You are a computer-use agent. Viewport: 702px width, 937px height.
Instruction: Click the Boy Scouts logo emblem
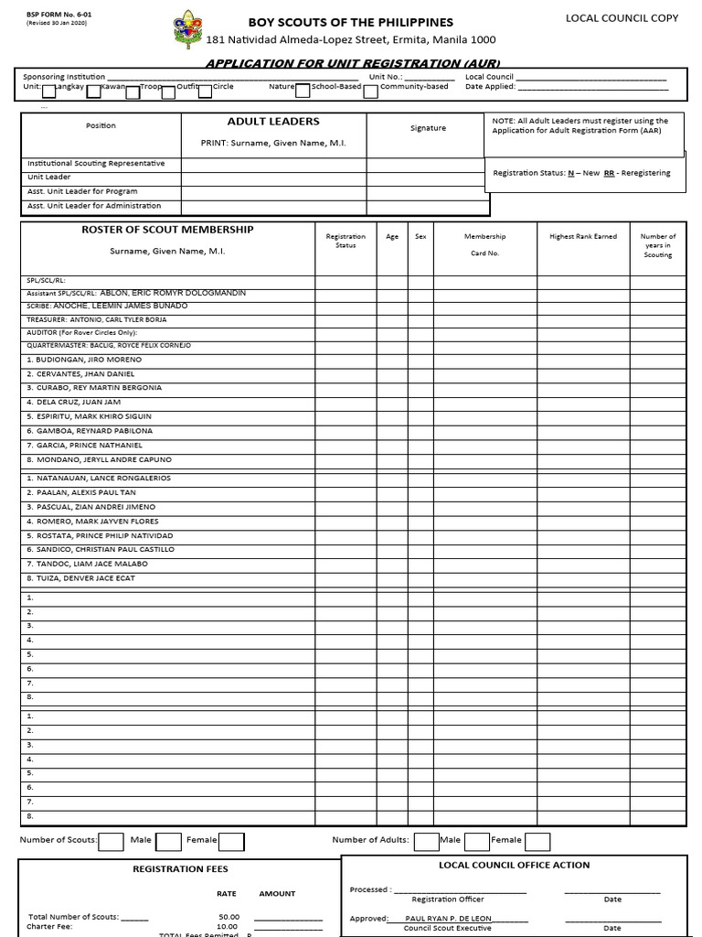(187, 29)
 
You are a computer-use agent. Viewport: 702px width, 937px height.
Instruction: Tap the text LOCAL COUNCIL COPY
(622, 18)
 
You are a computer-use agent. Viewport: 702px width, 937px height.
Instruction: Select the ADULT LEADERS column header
(273, 122)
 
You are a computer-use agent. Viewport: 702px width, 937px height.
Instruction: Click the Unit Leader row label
(49, 178)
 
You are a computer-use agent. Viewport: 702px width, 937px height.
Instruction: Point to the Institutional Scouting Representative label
(96, 164)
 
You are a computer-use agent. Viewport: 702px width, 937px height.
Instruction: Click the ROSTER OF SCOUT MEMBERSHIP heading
(167, 230)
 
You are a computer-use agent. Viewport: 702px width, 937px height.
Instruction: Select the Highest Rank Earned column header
(582, 237)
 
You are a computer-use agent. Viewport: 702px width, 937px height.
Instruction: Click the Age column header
(392, 237)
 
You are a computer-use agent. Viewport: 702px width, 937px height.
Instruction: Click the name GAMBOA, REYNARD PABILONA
(90, 431)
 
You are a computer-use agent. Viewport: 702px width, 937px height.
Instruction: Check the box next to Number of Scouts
(111, 841)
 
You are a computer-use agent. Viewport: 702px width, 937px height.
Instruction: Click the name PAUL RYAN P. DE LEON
(447, 918)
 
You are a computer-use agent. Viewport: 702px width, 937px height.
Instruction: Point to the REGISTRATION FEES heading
(180, 868)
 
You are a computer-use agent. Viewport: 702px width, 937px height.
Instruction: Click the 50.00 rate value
(229, 916)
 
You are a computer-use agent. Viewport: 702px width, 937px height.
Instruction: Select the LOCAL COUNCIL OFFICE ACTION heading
(514, 865)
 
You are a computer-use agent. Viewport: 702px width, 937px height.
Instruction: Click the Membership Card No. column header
(484, 244)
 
